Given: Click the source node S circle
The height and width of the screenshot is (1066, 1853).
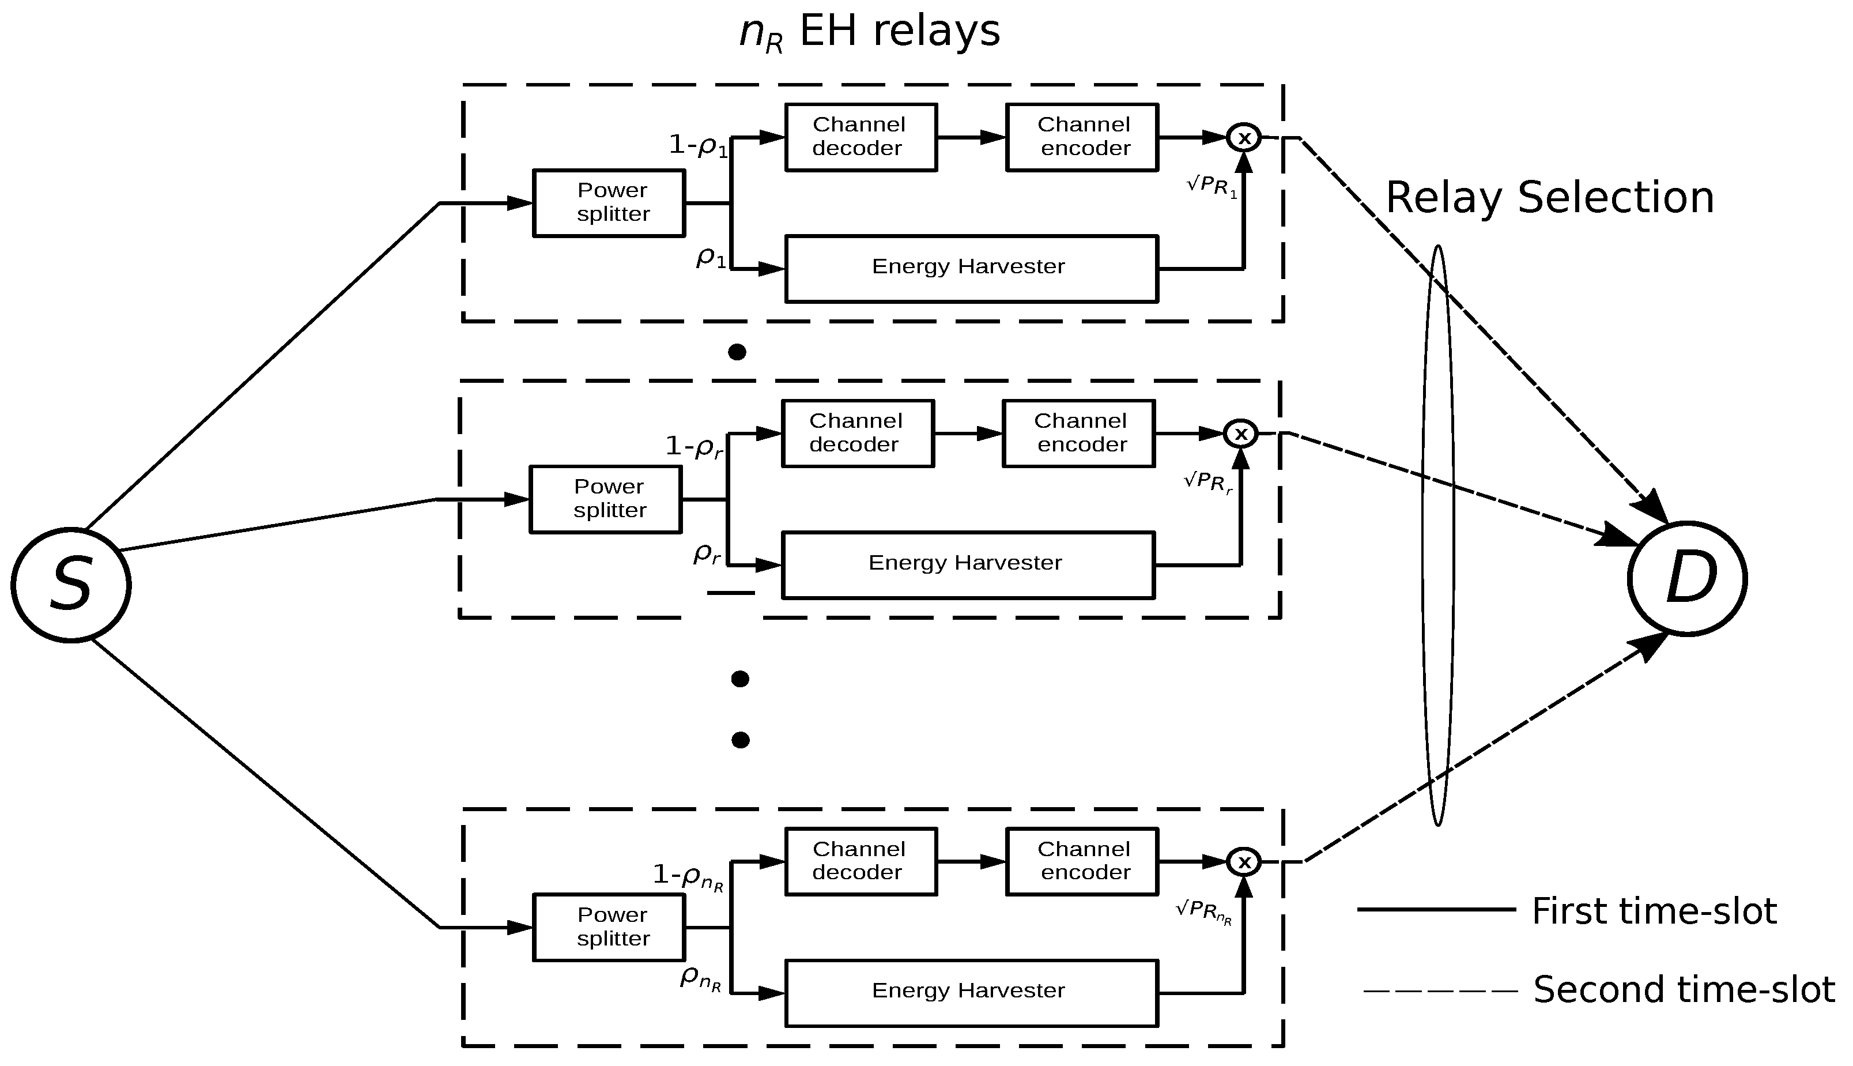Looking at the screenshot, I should click(x=71, y=585).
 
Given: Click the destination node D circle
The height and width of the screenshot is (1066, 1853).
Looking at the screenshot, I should click(x=1687, y=578).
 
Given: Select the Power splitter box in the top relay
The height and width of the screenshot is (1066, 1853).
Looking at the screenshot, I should click(x=609, y=203).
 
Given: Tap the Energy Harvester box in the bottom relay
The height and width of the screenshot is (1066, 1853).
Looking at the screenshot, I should click(x=971, y=993).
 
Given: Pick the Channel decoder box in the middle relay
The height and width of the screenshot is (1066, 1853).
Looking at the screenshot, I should click(x=858, y=434).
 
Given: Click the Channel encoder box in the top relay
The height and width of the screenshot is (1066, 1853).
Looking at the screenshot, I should click(x=1082, y=137).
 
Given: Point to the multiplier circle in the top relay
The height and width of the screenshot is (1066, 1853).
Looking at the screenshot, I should click(x=1243, y=137).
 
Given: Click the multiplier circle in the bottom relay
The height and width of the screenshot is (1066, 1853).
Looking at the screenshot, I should click(x=1243, y=862).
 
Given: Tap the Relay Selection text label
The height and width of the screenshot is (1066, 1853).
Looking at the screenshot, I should click(x=1549, y=198).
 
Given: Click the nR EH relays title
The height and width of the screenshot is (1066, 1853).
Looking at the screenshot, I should click(x=869, y=33).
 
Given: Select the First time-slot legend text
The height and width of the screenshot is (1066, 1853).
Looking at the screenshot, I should click(x=1654, y=911).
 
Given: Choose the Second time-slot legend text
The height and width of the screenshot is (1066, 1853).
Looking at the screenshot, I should click(x=1683, y=990).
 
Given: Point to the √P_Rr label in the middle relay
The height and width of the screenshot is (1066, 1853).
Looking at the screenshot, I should click(x=1208, y=483).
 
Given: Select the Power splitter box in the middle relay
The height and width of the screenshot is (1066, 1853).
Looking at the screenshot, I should click(x=606, y=499).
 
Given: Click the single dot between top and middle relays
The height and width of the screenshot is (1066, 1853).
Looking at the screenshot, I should click(x=737, y=352).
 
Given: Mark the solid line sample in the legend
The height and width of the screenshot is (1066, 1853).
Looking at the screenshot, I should click(x=1436, y=909).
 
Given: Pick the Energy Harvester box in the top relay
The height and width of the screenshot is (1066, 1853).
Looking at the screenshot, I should click(x=971, y=268).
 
